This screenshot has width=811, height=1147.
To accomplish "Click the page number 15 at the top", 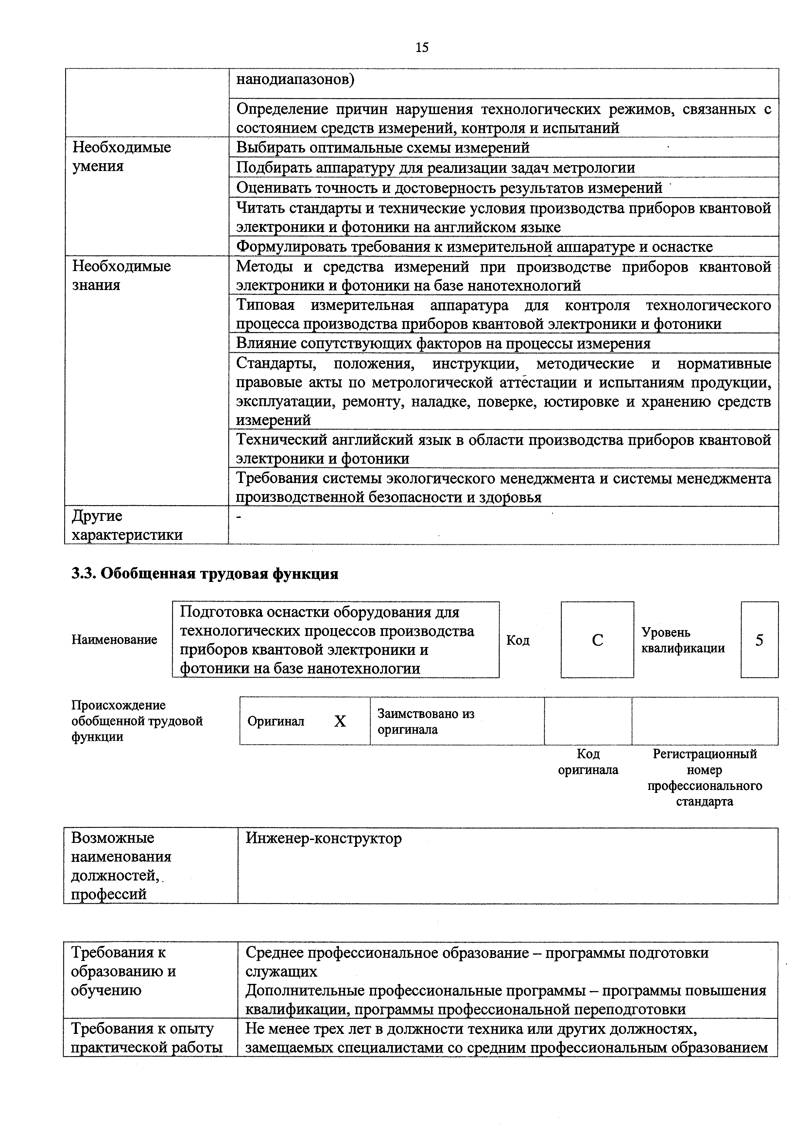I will click(422, 47).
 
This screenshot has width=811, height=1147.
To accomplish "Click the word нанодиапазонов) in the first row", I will click(295, 79).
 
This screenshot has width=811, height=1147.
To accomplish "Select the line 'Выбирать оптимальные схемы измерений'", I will click(383, 147).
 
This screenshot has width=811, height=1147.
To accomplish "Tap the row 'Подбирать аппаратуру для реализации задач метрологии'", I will click(435, 167).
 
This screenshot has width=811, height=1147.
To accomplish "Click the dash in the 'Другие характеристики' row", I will click(239, 517).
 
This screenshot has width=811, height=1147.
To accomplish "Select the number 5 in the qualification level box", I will click(759, 640).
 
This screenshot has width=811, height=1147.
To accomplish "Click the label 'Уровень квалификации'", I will click(682, 640).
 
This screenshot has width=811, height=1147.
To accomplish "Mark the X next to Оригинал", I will click(340, 721).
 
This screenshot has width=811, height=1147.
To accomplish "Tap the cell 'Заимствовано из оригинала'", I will click(426, 721).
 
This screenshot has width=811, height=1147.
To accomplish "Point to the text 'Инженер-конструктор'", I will click(323, 838).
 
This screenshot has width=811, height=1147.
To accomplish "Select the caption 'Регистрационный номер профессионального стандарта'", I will click(705, 777).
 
